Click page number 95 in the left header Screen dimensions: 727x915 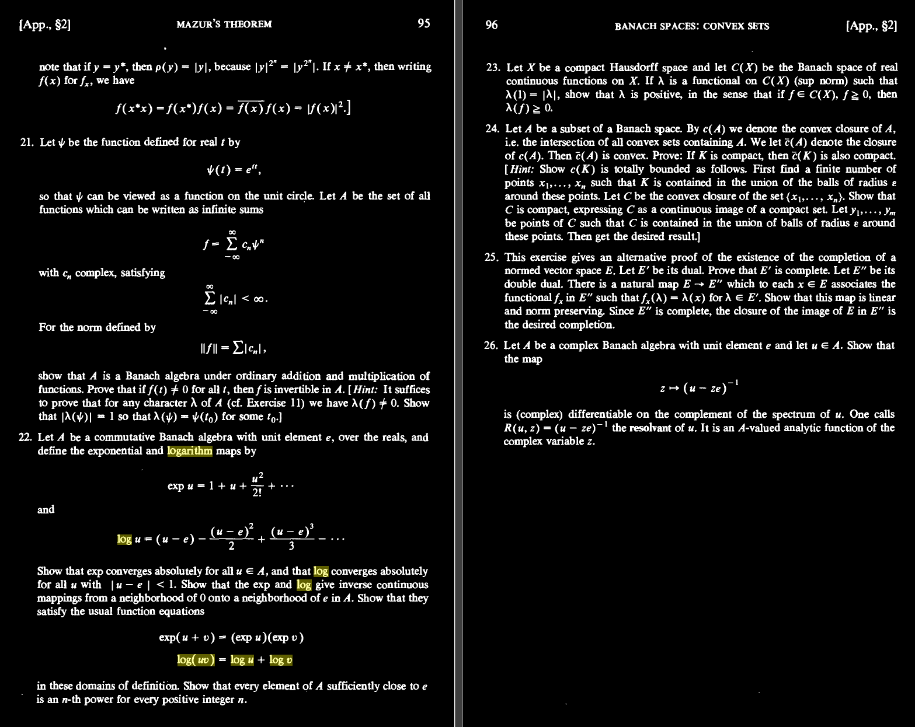(x=423, y=23)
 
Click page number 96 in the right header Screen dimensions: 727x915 (x=492, y=25)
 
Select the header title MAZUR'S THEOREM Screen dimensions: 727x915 (x=224, y=25)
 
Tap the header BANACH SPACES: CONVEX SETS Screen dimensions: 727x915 (x=691, y=26)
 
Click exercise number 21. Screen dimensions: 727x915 (x=27, y=142)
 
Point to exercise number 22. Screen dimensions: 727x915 (x=26, y=438)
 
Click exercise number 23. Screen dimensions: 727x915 (x=493, y=68)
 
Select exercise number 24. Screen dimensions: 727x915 (x=492, y=129)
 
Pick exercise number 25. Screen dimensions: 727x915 (x=492, y=257)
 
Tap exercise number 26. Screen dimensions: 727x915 (x=492, y=345)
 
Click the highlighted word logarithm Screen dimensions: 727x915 (x=189, y=451)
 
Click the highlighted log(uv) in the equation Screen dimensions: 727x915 (x=196, y=660)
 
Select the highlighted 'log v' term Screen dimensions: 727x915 (x=281, y=660)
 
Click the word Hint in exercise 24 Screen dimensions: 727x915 (x=521, y=169)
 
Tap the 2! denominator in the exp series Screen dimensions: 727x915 (x=256, y=492)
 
